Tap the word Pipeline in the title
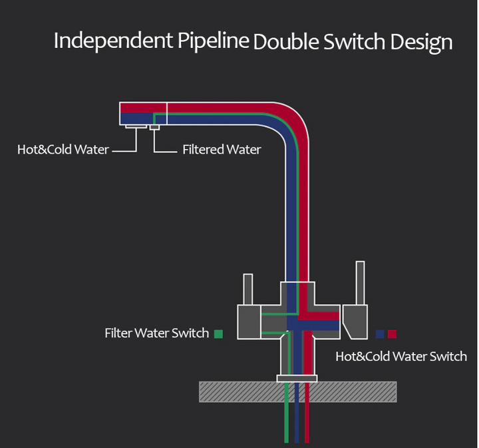point(213,41)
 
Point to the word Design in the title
point(421,43)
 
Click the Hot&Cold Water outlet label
point(63,149)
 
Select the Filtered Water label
point(222,149)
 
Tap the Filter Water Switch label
point(156,333)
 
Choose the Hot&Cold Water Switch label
point(401,356)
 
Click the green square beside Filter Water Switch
point(218,334)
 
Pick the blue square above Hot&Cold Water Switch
point(380,334)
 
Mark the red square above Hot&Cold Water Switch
point(392,334)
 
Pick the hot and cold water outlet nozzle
point(136,126)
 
